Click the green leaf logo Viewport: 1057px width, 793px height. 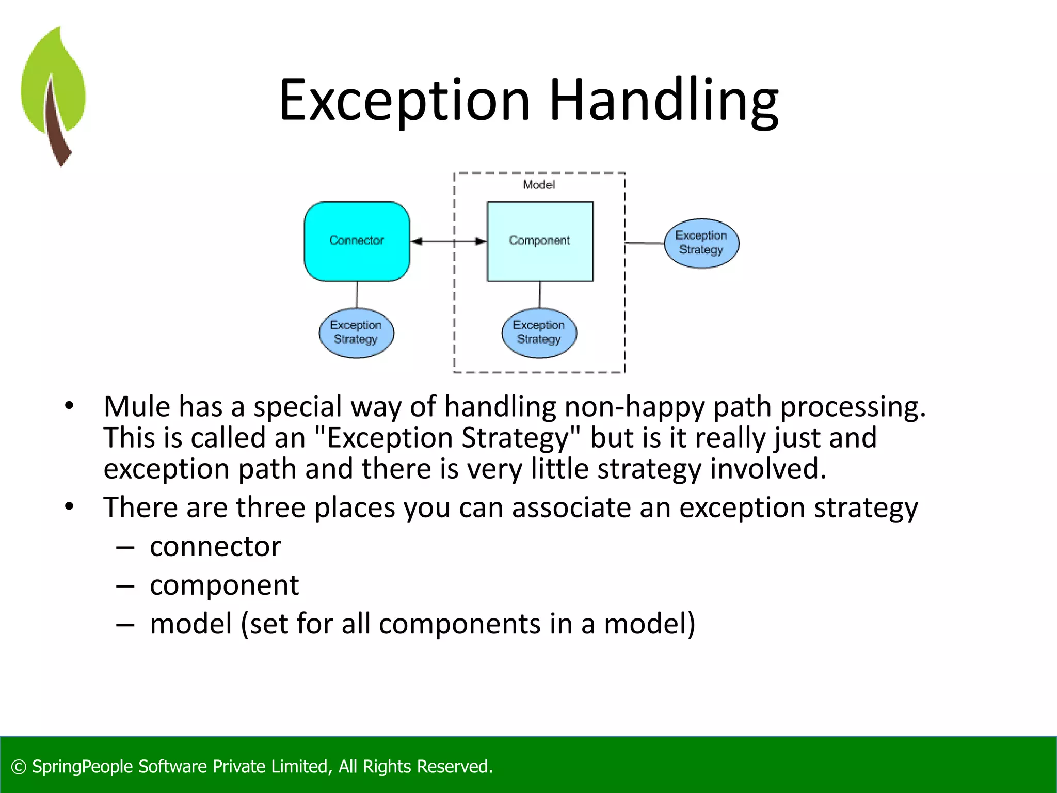(53, 96)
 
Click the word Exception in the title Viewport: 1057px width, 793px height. (404, 101)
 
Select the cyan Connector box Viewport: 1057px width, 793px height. (357, 241)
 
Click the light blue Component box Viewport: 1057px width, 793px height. (539, 241)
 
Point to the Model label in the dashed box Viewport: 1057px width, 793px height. (538, 185)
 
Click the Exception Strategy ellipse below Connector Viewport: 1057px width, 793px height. (356, 332)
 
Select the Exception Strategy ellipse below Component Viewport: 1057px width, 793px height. (539, 332)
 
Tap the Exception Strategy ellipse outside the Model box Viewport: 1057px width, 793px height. (701, 243)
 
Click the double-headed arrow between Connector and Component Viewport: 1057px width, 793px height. (449, 241)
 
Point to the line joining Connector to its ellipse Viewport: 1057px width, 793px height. (357, 294)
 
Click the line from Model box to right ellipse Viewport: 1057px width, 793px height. (644, 243)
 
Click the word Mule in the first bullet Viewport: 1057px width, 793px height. (137, 407)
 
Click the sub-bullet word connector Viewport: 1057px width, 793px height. (215, 547)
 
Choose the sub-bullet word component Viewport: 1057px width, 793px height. (224, 585)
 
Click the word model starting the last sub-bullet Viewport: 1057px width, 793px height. (190, 624)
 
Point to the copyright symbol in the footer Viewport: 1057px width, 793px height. (19, 767)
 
